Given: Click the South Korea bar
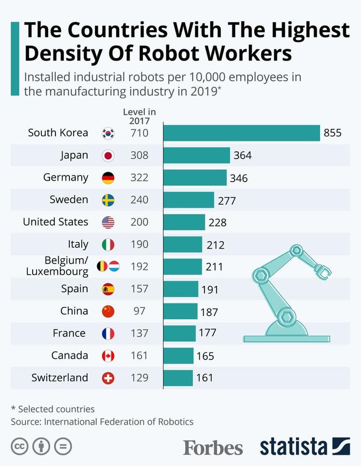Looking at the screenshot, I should (x=242, y=133).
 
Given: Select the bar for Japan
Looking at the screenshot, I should (x=197, y=155).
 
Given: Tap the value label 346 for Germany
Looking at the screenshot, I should (x=239, y=178).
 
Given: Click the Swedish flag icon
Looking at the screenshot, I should (x=108, y=200).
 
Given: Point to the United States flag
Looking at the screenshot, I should (x=108, y=222).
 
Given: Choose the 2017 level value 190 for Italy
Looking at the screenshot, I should (x=140, y=244).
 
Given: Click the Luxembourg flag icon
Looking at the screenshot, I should (x=114, y=266).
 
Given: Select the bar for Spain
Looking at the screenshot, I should (x=181, y=289).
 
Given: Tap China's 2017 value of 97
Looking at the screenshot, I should (x=140, y=311).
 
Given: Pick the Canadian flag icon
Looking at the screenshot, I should (x=108, y=356).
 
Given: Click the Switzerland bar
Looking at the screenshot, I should (x=178, y=378).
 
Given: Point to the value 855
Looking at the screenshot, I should (x=333, y=133).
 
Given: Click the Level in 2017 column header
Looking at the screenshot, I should (x=140, y=116).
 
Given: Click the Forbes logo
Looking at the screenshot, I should (x=213, y=447).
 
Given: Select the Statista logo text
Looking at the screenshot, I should (x=294, y=447).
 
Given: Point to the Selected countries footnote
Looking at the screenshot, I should (x=53, y=409).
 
